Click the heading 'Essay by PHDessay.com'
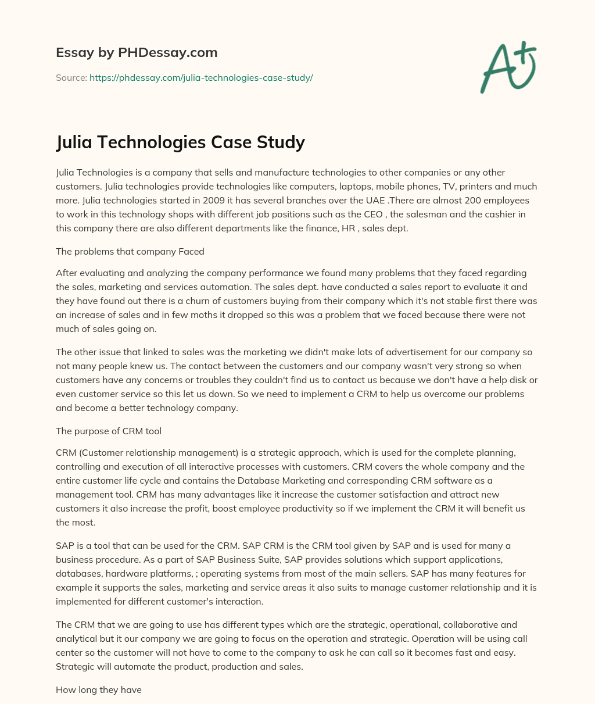coord(137,53)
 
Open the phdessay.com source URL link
coord(201,77)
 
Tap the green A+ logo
coord(507,68)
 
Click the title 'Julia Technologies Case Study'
coord(180,142)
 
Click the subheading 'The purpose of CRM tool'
coord(109,431)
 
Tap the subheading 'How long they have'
coord(99,690)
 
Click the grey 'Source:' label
coord(71,77)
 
